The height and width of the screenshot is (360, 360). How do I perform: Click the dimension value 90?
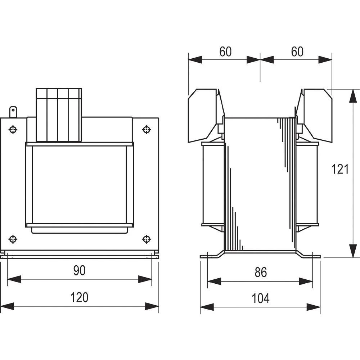coord(79,270)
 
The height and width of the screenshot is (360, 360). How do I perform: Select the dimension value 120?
coord(79,298)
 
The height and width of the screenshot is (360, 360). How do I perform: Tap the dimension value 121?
coord(340,168)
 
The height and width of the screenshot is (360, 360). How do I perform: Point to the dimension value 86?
coord(260,273)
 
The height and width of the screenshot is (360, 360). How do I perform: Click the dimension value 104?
coord(260,298)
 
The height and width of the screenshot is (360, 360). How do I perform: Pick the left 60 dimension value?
coord(225,52)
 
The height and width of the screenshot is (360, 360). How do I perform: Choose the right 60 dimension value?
coord(297,52)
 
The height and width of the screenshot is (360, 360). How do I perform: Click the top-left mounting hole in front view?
coord(13,129)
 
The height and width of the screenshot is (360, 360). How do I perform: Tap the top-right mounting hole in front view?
coord(147,129)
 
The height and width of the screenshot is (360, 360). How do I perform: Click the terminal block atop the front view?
coord(59,114)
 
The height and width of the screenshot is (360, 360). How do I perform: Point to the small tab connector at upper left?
coord(13,111)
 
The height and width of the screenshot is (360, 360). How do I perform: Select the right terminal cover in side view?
coord(315,113)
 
